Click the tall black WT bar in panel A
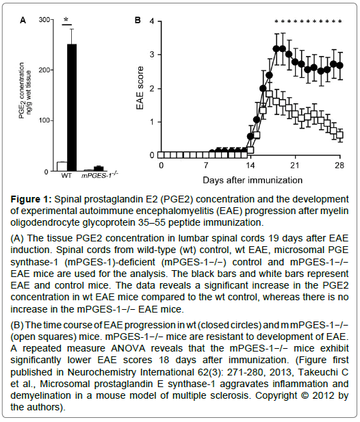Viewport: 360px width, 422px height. click(x=72, y=107)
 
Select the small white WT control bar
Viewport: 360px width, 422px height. click(x=62, y=166)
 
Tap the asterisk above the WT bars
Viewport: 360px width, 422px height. click(x=66, y=20)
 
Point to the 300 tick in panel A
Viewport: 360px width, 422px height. click(x=44, y=20)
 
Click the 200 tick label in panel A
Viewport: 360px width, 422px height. click(x=44, y=70)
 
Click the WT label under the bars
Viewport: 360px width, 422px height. click(x=66, y=176)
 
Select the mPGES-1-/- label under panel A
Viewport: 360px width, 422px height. click(x=100, y=175)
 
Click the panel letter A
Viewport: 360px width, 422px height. click(x=23, y=21)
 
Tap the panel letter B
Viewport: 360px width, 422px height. click(x=138, y=21)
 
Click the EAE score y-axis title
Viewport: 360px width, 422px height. click(x=140, y=88)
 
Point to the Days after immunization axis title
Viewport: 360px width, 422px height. click(x=253, y=180)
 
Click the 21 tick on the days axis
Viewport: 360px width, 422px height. click(x=295, y=165)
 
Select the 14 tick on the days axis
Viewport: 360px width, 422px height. click(x=250, y=165)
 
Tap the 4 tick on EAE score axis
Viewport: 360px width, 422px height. click(x=152, y=21)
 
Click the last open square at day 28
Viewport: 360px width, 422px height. click(x=340, y=135)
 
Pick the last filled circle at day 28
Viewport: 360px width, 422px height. click(x=340, y=66)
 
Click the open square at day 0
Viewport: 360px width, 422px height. click(x=161, y=155)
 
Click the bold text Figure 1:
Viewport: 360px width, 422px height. click(x=31, y=200)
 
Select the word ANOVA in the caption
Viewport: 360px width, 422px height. click(x=128, y=349)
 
